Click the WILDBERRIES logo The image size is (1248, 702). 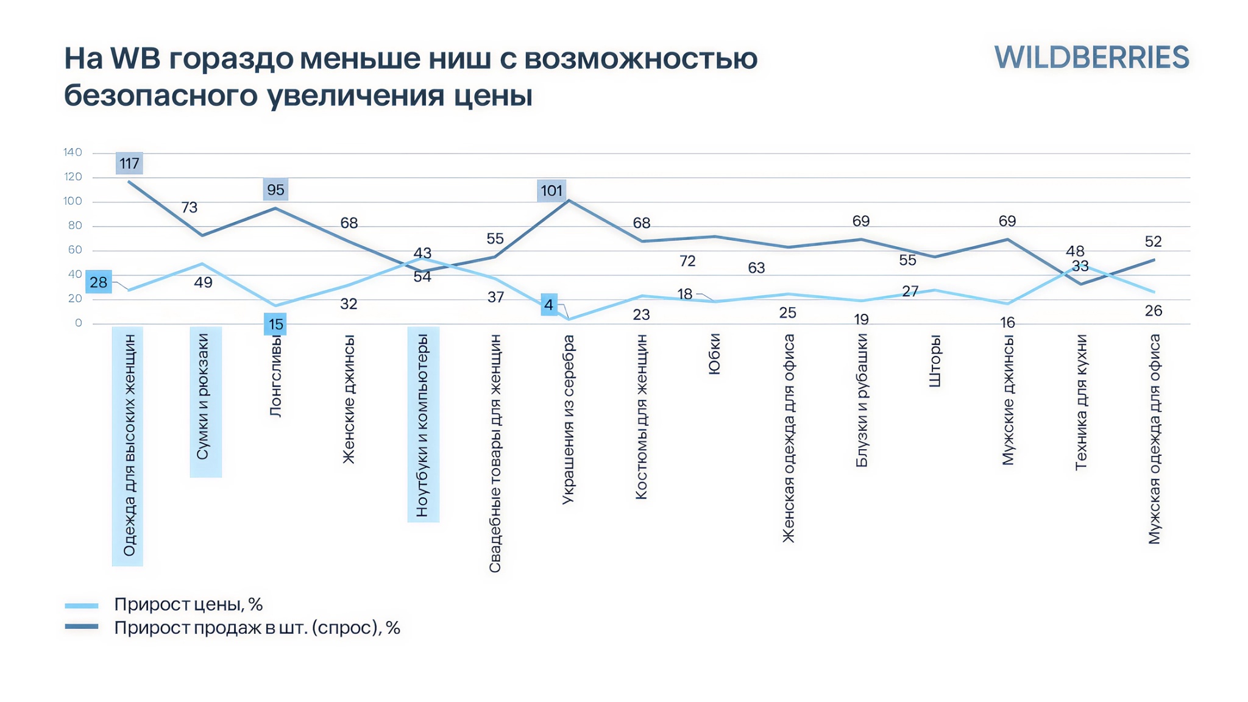(x=1091, y=58)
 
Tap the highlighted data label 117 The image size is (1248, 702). (x=129, y=163)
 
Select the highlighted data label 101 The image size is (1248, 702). (x=551, y=191)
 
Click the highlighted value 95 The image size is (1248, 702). (x=275, y=190)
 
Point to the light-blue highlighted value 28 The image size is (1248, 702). (x=99, y=282)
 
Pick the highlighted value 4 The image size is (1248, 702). (x=549, y=305)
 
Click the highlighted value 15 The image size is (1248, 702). (x=275, y=324)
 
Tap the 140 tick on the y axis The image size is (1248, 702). (x=73, y=152)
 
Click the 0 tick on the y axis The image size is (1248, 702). (x=78, y=323)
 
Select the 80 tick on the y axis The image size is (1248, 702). (x=75, y=225)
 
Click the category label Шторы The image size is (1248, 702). (x=935, y=361)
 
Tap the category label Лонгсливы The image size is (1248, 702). (x=275, y=375)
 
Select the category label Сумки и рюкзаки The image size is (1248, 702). (x=204, y=397)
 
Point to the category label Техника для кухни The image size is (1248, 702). (x=1081, y=402)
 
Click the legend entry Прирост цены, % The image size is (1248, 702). (x=188, y=604)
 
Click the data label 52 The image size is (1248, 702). (x=1153, y=242)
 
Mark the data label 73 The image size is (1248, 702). (x=190, y=208)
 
